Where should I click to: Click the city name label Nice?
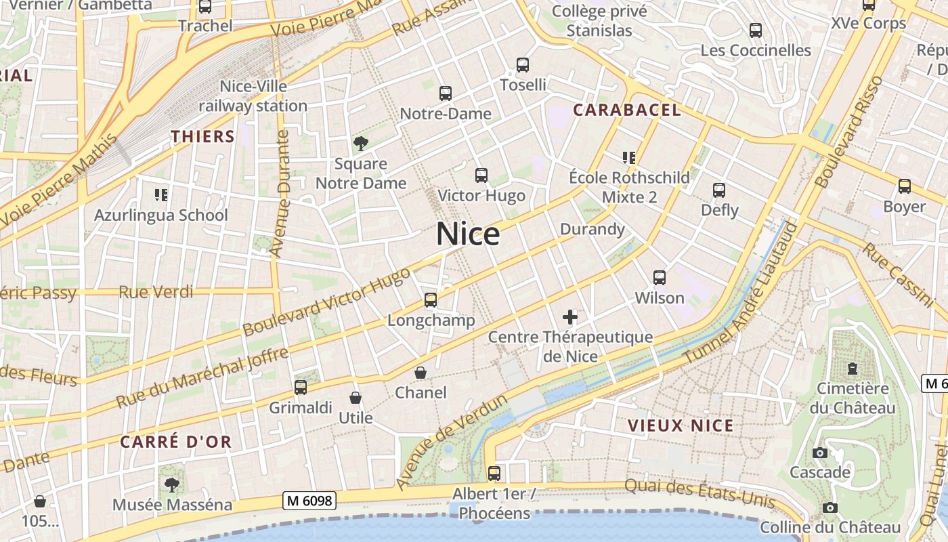click(468, 234)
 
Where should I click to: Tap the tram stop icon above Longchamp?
click(431, 299)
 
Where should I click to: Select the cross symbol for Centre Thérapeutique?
click(570, 316)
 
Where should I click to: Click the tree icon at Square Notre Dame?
click(361, 143)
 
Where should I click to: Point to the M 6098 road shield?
click(309, 501)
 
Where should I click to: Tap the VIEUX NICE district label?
click(681, 425)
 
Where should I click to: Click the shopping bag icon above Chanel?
click(421, 373)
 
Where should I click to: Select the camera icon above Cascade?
click(820, 453)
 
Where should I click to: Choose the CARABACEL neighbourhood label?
click(626, 110)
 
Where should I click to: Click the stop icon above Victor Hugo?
click(481, 175)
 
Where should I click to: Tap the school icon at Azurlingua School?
click(161, 195)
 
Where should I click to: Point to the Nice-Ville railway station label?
click(253, 96)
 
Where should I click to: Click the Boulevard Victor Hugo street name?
click(326, 301)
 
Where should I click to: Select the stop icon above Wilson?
click(660, 277)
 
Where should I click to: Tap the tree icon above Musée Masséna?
click(172, 484)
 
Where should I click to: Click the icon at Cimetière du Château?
click(853, 369)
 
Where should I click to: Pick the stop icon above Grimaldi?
click(301, 388)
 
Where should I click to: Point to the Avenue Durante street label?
click(280, 193)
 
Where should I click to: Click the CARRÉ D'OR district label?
click(176, 442)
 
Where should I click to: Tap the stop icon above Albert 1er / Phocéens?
click(494, 473)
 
